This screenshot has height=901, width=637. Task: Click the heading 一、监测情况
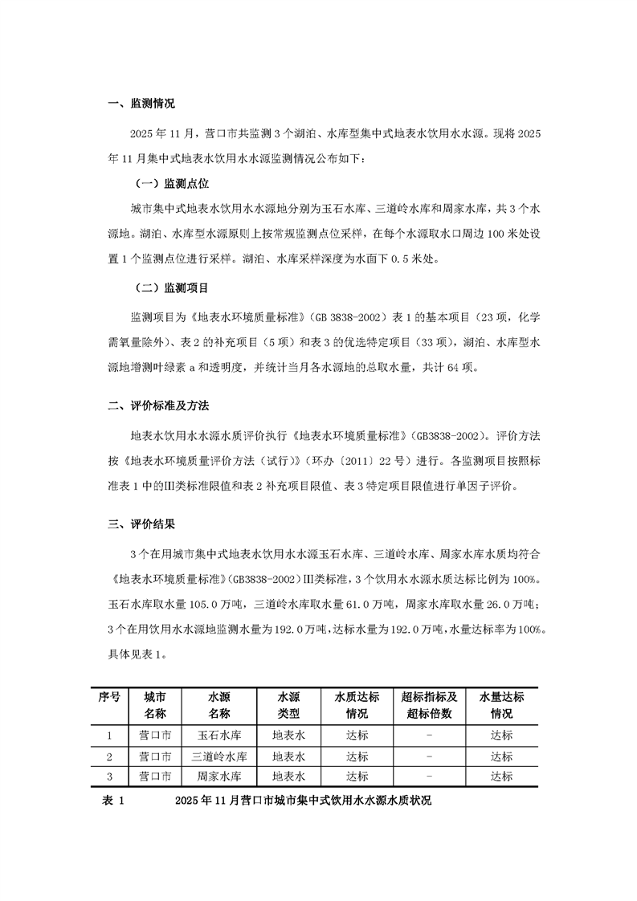(x=141, y=104)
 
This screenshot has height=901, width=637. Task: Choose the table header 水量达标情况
(x=502, y=704)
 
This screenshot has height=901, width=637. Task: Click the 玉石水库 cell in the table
(x=219, y=735)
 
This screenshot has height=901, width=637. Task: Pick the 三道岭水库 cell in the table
(x=219, y=756)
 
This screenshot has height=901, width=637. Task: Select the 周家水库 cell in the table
(x=219, y=777)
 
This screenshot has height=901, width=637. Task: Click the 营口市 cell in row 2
(x=155, y=756)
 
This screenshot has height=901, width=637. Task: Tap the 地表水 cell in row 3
(x=288, y=777)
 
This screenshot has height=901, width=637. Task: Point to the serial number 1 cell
(x=109, y=735)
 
